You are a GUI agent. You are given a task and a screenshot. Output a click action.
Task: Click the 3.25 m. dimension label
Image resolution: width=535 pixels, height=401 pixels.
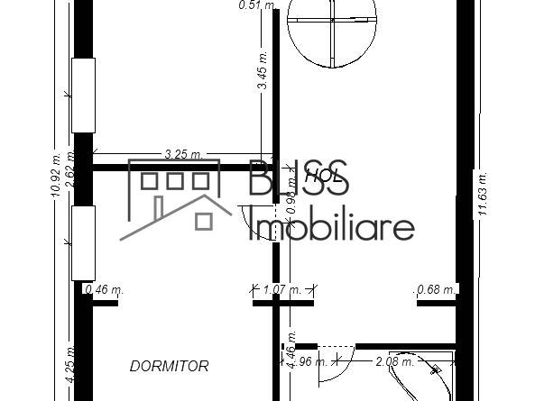[x=182, y=154]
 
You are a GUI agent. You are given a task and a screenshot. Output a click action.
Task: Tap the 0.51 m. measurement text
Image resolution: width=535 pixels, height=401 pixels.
[x=256, y=5]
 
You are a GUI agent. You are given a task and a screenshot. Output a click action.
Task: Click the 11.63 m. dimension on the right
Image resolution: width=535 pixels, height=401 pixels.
[x=483, y=193]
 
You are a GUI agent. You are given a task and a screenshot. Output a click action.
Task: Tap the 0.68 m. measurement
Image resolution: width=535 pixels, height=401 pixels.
[x=436, y=289]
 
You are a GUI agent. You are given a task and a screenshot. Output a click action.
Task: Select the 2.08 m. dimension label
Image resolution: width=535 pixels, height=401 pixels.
[x=393, y=362]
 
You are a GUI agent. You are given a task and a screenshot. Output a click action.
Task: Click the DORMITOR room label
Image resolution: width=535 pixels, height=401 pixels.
[x=170, y=366]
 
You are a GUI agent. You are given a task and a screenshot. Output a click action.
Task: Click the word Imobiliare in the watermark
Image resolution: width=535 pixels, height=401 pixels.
[x=331, y=227]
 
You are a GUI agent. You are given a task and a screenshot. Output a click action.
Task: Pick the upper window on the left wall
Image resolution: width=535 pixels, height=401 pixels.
[x=84, y=95]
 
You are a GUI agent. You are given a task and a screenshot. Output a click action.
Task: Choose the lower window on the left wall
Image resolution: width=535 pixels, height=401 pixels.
[x=84, y=242]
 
